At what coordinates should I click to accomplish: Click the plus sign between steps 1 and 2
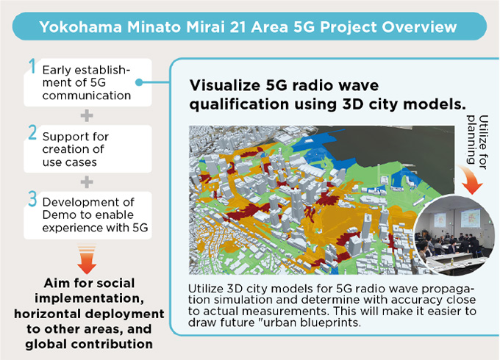[87, 115]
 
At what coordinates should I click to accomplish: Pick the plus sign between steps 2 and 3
[87, 181]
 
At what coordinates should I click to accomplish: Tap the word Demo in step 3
[56, 215]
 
